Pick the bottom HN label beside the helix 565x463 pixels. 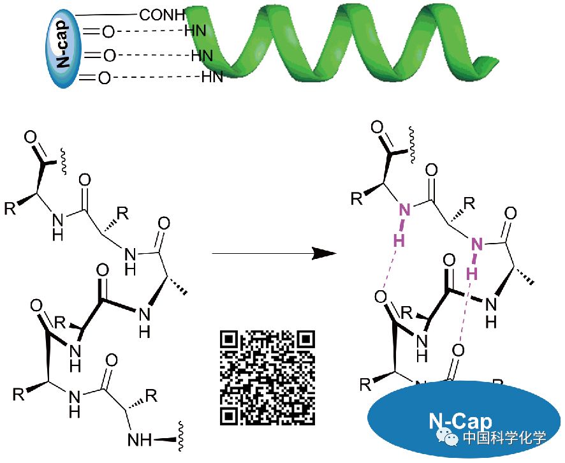[x=212, y=78]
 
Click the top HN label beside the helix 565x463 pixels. [x=194, y=30]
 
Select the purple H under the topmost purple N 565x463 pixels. [x=399, y=240]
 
